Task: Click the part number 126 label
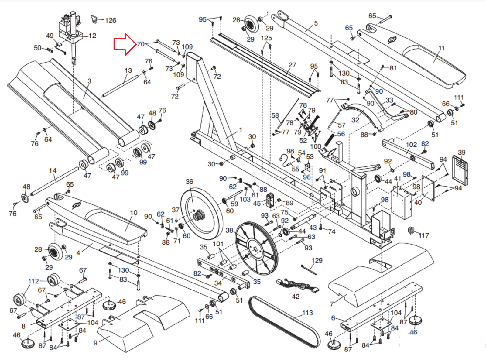pos(111,20)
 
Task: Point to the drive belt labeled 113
pos(284,322)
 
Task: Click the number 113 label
pos(307,313)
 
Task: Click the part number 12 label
pos(92,36)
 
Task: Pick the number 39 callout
pos(461,152)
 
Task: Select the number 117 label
pos(424,235)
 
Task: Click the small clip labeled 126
pos(94,19)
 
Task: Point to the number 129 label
pos(317,260)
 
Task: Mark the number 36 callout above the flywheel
pos(189,182)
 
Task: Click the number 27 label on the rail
pos(292,65)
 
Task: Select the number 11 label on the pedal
pos(441,48)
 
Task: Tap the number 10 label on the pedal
pos(134,213)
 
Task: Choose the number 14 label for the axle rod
pos(53,170)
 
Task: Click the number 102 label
pos(411,145)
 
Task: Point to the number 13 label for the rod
pos(128,70)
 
